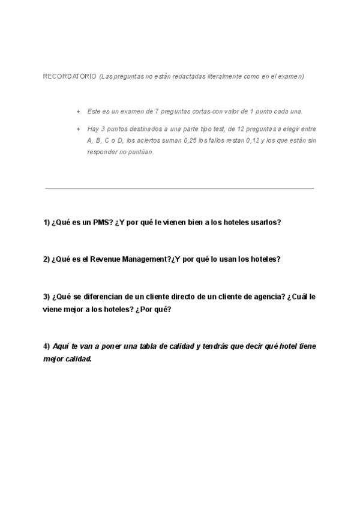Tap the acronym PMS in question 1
click(x=100, y=222)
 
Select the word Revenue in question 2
click(x=106, y=259)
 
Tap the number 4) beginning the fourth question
click(x=46, y=347)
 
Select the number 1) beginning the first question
click(x=46, y=222)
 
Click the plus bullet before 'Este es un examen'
click(x=78, y=112)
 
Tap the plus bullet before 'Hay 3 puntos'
click(x=78, y=129)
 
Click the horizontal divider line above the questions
click(x=180, y=188)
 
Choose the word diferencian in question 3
click(x=100, y=297)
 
